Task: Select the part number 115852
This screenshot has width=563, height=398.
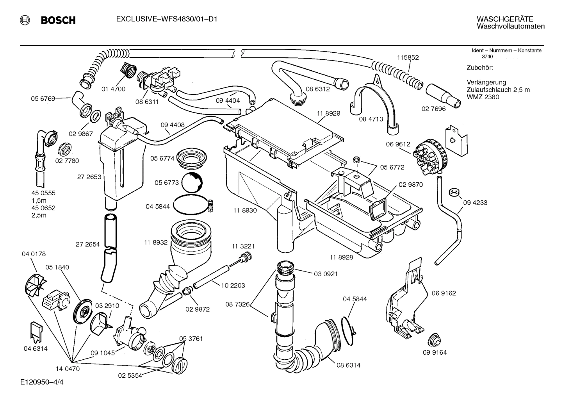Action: pos(408,57)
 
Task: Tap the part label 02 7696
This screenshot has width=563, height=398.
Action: pos(433,109)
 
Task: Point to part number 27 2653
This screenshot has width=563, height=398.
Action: pos(89,177)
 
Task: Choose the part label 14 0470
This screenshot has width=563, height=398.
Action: pos(68,368)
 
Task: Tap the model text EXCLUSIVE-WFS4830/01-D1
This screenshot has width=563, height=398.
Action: pos(166,19)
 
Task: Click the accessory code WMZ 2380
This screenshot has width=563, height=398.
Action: pos(483,97)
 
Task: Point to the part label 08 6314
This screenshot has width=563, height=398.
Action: pos(348,365)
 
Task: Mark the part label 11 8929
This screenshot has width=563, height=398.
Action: pos(328,113)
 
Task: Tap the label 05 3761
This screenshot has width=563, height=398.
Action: pos(191,339)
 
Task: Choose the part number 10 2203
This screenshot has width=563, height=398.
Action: pos(233,286)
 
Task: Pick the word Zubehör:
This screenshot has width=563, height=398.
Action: pos(480,68)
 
